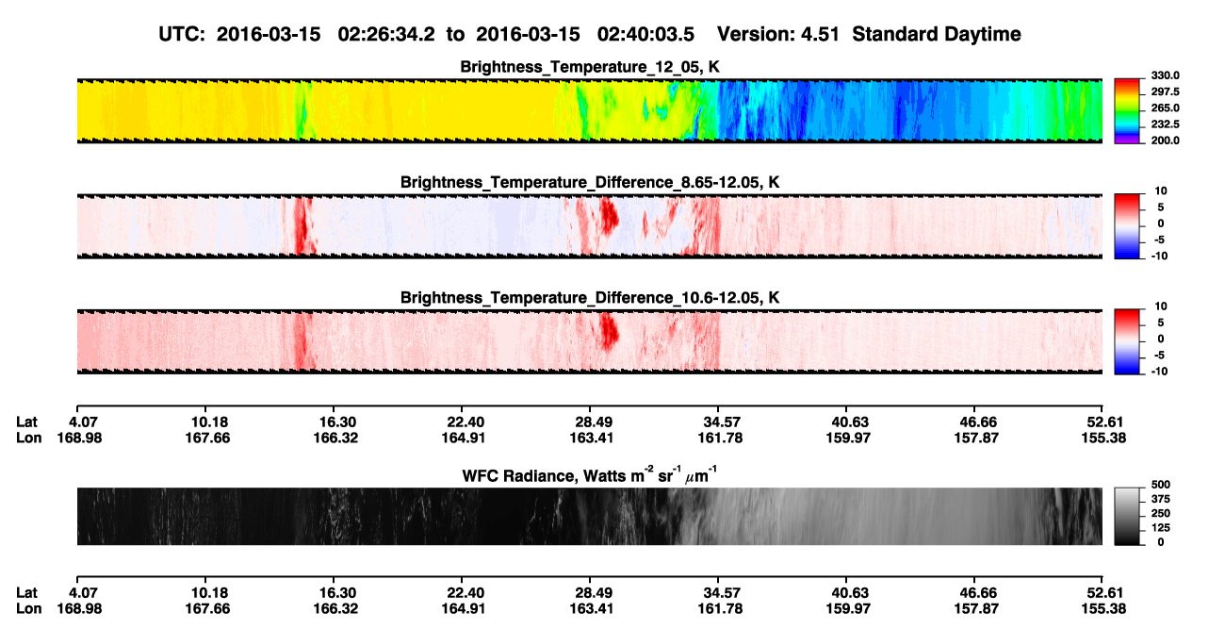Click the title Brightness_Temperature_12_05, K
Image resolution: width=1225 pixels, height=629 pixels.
pos(590,67)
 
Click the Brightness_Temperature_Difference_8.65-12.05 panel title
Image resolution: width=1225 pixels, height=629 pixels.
pos(590,182)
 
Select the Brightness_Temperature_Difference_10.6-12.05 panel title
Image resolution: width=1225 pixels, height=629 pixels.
pos(590,298)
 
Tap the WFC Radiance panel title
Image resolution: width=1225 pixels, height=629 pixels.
pos(590,474)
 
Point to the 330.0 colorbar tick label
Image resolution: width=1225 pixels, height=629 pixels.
pos(1165,75)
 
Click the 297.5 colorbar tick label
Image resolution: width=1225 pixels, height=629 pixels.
pos(1165,92)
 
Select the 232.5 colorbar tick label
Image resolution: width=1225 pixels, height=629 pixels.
pos(1165,124)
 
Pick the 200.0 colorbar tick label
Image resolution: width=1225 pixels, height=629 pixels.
pos(1165,141)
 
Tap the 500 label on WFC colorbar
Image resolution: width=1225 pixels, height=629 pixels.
pos(1161,485)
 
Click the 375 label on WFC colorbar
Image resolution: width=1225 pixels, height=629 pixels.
pos(1161,499)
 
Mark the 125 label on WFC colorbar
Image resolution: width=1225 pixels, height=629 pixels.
pos(1161,528)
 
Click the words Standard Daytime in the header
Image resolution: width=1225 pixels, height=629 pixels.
pos(937,34)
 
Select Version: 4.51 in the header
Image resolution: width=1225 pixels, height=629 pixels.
pos(777,34)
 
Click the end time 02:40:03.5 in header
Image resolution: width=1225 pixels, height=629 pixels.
pos(645,34)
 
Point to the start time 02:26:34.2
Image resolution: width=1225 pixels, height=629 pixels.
pos(386,34)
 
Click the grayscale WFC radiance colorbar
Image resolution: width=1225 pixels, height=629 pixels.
pos(1127,516)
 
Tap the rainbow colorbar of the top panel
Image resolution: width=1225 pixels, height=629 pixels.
pos(1127,111)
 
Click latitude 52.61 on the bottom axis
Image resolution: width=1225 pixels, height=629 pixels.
pos(1104,593)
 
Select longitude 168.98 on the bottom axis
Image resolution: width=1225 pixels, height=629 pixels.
pos(79,609)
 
